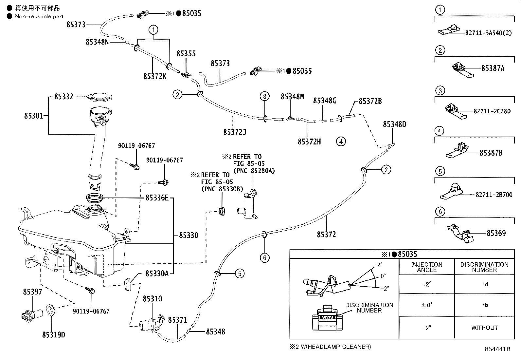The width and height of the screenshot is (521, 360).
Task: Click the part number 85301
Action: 33,116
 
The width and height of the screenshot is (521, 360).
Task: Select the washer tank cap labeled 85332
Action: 100,97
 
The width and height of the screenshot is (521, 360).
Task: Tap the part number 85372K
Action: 155,76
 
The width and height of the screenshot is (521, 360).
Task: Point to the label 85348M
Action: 292,97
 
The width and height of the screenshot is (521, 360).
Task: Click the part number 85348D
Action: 394,124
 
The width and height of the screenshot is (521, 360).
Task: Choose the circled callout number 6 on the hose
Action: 264,258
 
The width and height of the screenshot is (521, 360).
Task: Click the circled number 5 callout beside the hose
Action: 240,273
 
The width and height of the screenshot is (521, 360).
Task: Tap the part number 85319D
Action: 54,335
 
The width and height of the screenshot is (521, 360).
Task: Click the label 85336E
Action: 157,198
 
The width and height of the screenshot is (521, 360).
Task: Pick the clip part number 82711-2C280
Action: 492,111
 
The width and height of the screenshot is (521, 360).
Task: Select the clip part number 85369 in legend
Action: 496,233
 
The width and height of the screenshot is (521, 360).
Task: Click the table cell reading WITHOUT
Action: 484,328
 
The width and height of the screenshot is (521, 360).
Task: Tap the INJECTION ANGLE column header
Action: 426,267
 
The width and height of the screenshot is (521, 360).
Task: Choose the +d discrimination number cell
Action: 484,284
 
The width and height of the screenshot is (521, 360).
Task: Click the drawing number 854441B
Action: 498,349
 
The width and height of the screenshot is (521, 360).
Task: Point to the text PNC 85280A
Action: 254,171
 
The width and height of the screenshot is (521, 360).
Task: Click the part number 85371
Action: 177,320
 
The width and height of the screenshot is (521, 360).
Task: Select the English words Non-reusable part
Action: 39,16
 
